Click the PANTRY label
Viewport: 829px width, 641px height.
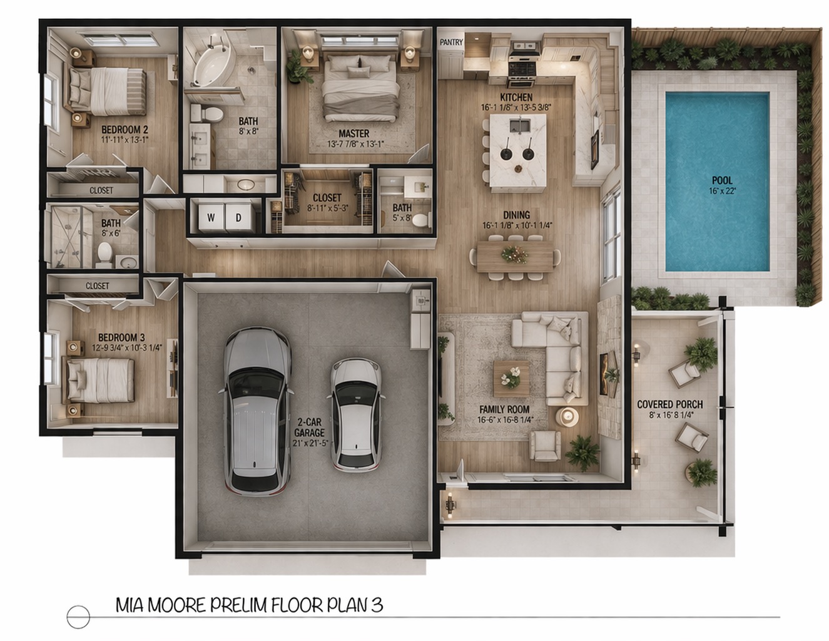451,42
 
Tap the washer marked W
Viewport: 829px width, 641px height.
211,217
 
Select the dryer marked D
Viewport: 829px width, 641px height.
238,217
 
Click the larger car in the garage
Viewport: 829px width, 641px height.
256,411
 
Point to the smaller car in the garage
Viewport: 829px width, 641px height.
355,416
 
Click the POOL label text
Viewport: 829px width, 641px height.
722,180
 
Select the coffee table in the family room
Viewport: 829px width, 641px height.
511,379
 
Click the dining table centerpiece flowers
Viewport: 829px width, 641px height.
515,255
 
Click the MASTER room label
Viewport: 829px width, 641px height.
353,134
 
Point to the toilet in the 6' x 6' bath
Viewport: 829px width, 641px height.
104,254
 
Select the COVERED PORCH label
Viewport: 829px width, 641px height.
669,404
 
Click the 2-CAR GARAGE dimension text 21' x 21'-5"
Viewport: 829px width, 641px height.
310,443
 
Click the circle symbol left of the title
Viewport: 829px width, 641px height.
78,617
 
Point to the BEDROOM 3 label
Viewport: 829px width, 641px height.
121,337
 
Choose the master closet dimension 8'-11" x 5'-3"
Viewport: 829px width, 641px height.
328,208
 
